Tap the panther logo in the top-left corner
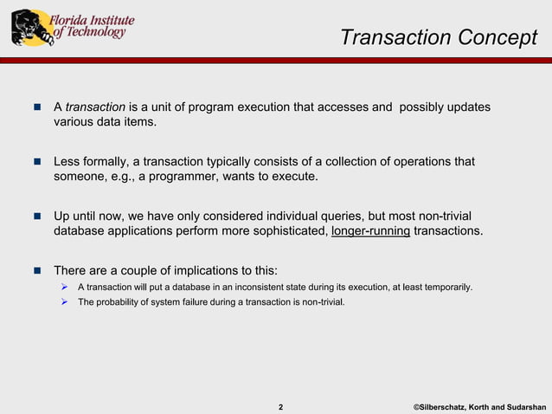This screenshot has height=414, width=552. (30, 28)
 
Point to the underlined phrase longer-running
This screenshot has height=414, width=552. (370, 232)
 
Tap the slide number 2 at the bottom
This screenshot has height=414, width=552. (280, 406)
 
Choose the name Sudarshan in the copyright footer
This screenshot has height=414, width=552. (523, 406)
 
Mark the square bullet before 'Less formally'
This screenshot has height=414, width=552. (37, 162)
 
